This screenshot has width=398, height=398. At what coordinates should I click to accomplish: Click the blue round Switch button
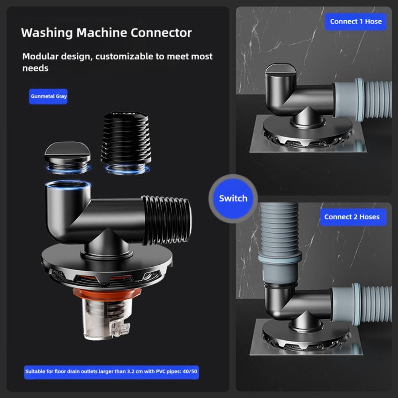233,198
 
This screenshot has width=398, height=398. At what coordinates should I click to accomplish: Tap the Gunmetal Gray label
48,96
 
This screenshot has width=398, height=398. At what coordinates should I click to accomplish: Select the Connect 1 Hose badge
355,21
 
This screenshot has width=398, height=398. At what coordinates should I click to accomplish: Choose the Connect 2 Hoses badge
353,217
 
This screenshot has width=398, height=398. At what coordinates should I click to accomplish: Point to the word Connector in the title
161,33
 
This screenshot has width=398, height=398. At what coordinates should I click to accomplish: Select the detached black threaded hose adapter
126,143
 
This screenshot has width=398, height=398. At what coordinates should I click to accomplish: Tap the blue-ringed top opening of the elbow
68,185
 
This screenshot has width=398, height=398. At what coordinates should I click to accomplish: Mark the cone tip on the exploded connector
107,228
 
